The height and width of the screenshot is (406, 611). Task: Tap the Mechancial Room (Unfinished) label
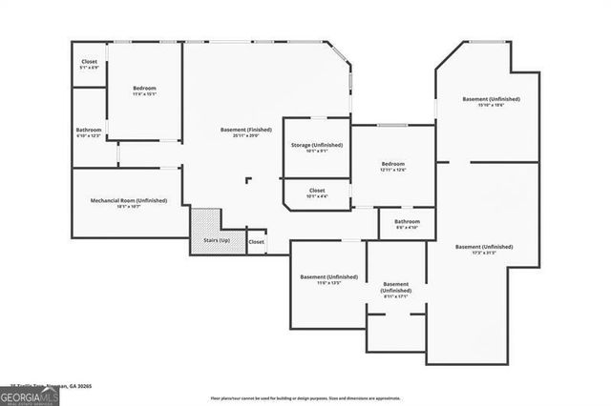(129, 200)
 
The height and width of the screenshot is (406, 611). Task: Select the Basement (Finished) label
(245, 130)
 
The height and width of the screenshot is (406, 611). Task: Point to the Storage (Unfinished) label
(317, 145)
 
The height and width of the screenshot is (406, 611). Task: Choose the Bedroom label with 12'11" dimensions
(392, 164)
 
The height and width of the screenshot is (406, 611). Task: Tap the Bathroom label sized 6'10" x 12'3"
(89, 130)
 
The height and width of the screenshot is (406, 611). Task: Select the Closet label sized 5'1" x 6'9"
(89, 62)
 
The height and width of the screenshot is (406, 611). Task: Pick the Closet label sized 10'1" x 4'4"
(317, 191)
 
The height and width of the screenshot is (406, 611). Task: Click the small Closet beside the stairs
(257, 242)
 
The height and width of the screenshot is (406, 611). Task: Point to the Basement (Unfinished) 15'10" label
(488, 99)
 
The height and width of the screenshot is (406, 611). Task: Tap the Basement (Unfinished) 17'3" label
(483, 247)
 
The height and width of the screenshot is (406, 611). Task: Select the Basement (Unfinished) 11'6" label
(328, 276)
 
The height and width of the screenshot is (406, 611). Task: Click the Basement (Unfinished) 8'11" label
(395, 285)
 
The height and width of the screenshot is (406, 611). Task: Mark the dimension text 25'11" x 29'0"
(245, 136)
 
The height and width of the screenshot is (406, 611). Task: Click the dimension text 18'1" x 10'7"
(129, 207)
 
